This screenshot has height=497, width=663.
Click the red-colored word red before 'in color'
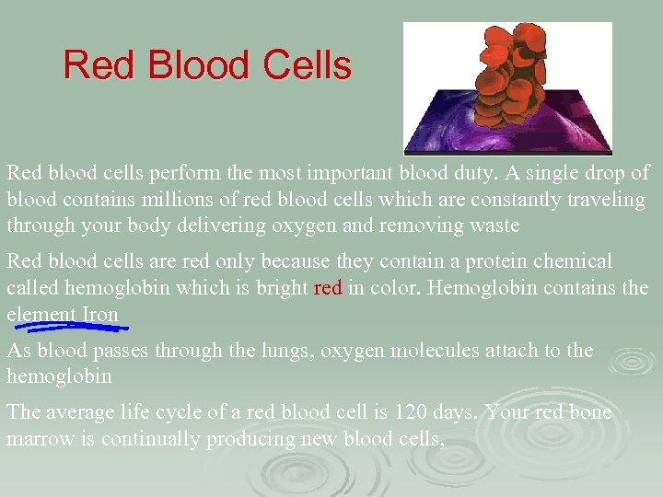pos(328,289)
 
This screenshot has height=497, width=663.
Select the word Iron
pos(100,315)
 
